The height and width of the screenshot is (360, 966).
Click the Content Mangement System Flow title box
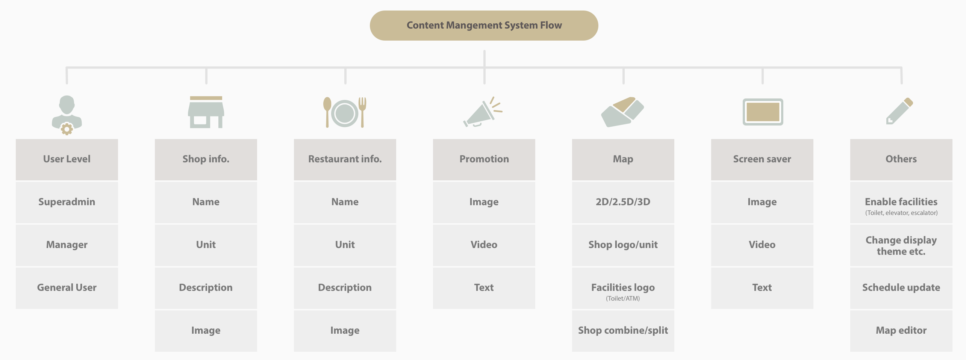tap(484, 26)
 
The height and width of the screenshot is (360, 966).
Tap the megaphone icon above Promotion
tap(483, 112)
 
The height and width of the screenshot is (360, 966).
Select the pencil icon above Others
tap(899, 111)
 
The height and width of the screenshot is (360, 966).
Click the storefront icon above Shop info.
tap(206, 112)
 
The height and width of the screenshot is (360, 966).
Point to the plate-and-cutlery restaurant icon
tap(345, 112)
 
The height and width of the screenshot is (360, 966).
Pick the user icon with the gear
tap(67, 115)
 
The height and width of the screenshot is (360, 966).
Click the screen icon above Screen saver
tap(763, 112)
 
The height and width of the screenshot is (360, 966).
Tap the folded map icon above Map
tap(622, 112)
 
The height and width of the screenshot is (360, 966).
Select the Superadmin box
tap(67, 202)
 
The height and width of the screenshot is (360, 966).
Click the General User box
tap(67, 288)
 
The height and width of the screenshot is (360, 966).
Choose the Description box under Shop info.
tap(206, 288)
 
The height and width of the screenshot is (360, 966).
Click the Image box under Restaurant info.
tap(345, 331)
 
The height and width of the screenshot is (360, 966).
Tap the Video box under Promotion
tap(484, 245)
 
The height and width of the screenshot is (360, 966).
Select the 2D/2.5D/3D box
tap(623, 202)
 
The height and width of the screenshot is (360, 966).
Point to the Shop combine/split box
tap(623, 331)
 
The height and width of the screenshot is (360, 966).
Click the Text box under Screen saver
tap(762, 288)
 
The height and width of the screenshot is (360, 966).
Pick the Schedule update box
tap(901, 288)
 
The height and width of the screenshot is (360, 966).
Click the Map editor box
tap(901, 331)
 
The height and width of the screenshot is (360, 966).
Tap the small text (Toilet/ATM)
tap(623, 299)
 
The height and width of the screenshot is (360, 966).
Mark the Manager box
tap(67, 245)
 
